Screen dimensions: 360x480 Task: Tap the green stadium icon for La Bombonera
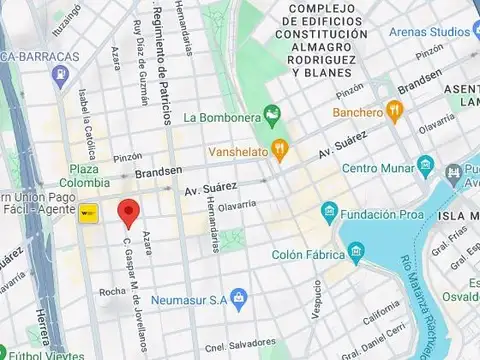coord(269,113)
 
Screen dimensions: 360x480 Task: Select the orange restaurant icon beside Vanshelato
coord(281,151)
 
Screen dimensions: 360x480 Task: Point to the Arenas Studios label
coord(430,32)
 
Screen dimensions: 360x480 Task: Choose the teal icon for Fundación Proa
coord(328,211)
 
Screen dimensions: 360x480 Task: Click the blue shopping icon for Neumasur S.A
coord(238,297)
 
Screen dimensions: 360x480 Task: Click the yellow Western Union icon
coord(90,211)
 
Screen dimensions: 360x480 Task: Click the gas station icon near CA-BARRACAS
coord(62,74)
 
